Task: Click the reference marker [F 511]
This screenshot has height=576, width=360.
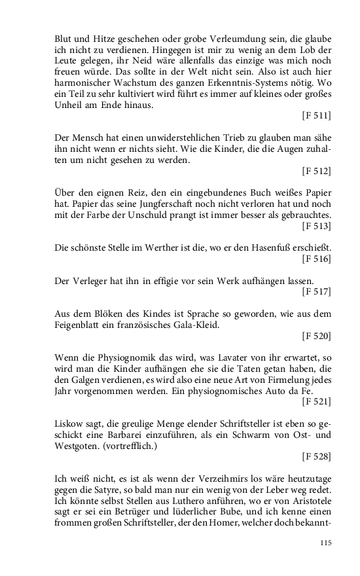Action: (316, 116)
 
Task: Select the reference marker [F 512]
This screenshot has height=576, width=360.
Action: (316, 171)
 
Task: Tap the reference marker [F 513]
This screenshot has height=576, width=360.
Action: (316, 226)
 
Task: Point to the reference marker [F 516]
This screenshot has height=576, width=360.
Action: (316, 259)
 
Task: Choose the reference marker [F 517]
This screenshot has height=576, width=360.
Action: (316, 291)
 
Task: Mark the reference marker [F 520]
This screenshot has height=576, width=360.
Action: (316, 336)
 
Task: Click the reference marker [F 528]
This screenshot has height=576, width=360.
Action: (316, 456)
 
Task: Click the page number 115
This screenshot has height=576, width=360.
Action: (324, 543)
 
